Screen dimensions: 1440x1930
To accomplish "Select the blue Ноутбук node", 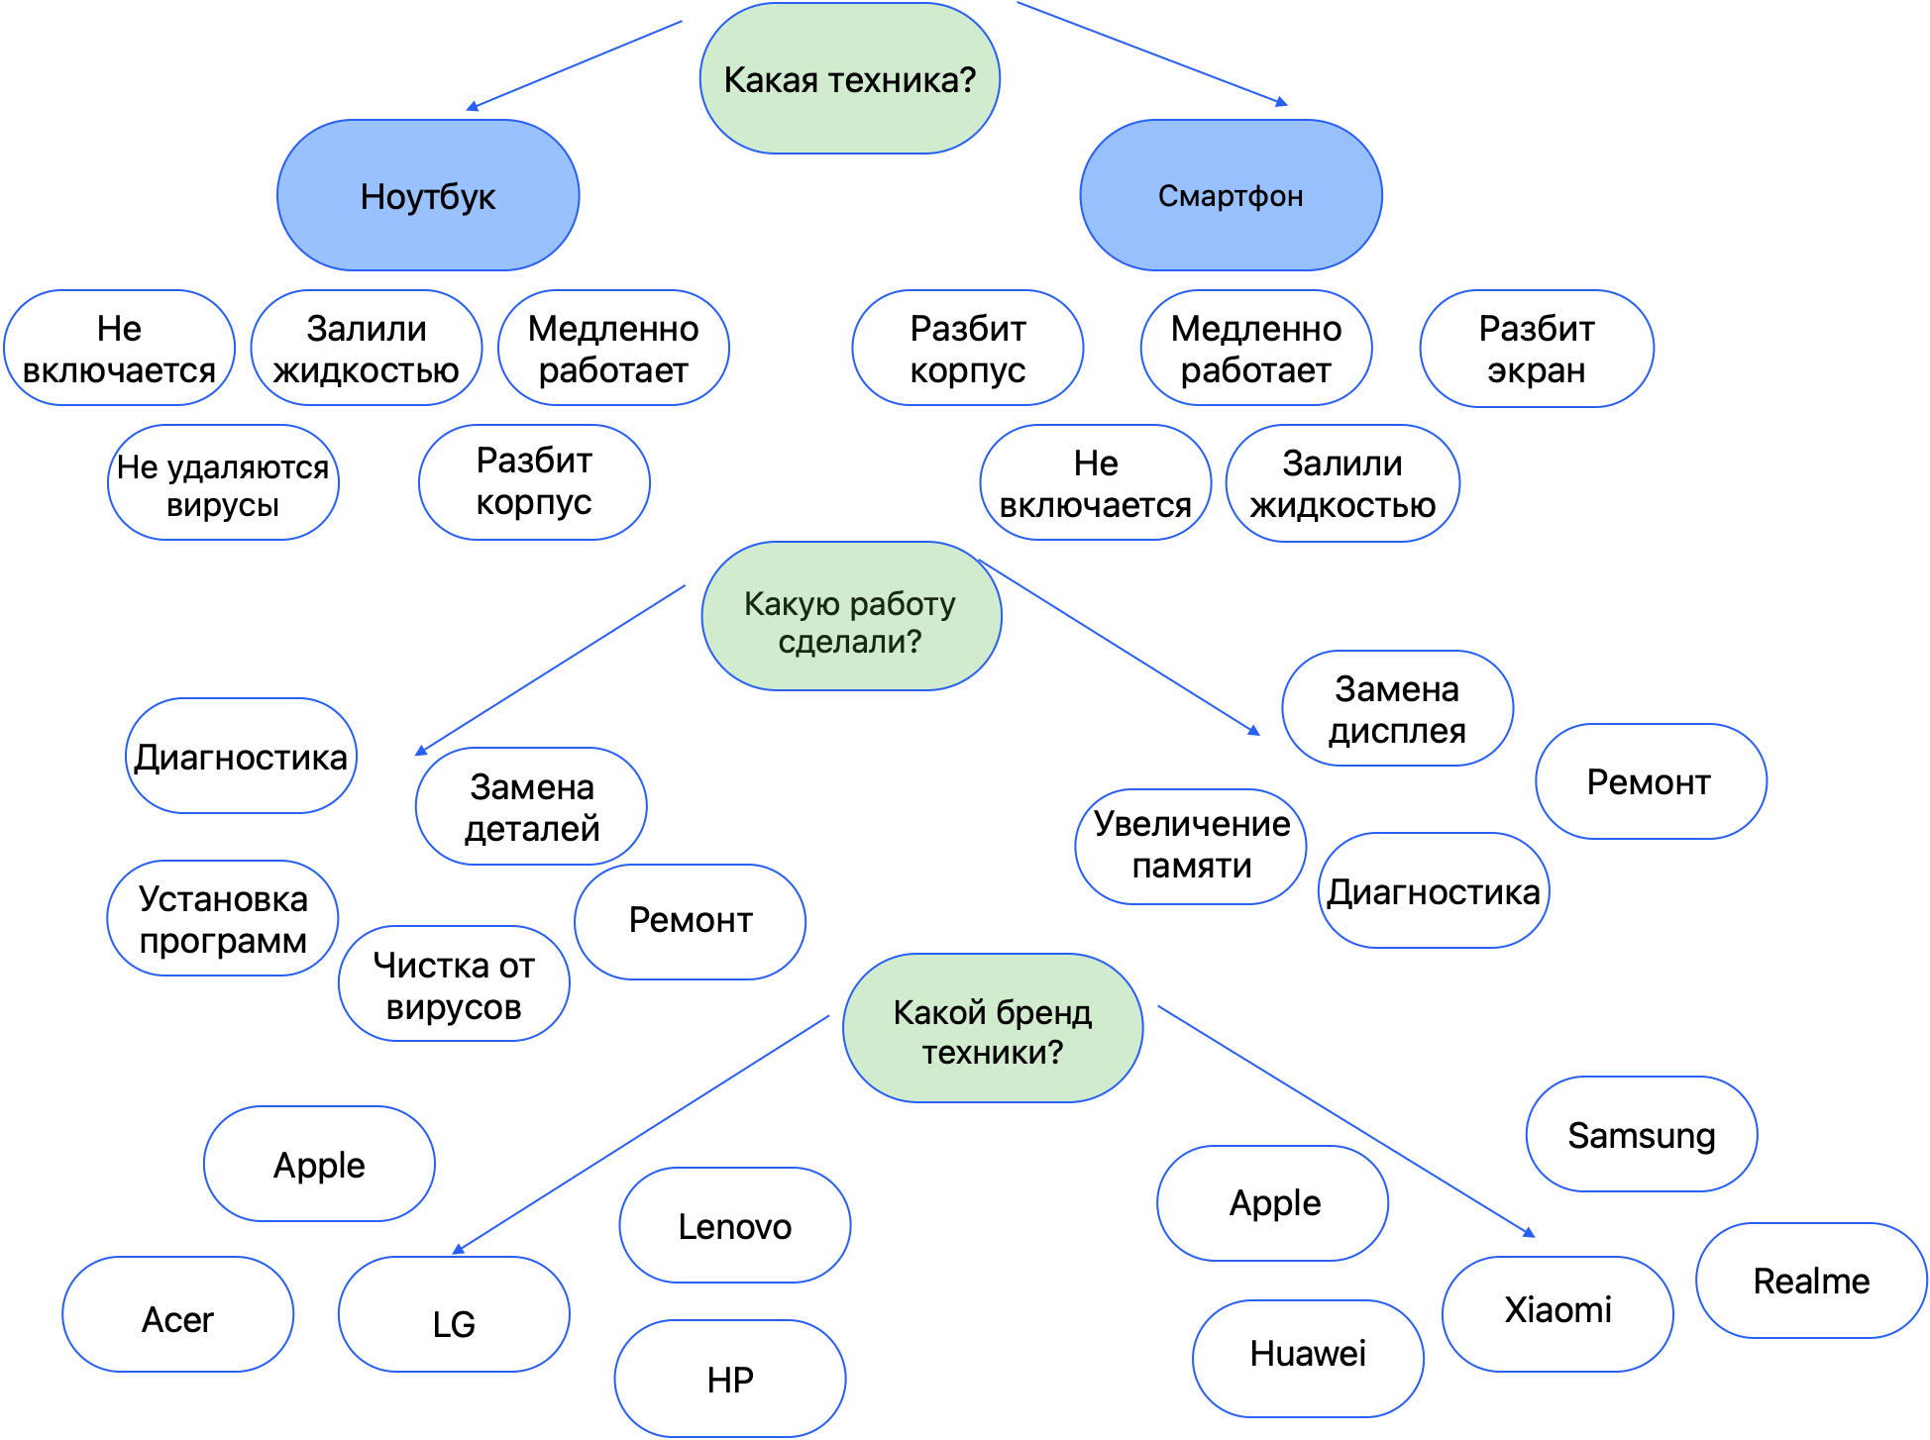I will coord(428,196).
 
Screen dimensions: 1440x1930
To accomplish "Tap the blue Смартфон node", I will coord(1231,196).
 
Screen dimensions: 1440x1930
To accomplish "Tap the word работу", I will coord(904,603).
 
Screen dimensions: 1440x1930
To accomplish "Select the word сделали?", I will coord(849,642).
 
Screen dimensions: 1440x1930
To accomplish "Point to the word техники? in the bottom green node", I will coord(992,1052).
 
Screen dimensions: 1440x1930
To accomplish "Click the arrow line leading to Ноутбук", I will coord(575,64).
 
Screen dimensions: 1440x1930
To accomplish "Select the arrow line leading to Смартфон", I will coord(1149,52).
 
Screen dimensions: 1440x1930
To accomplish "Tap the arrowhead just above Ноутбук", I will coord(472,107).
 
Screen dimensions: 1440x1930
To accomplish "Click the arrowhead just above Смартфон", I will coord(1282,101).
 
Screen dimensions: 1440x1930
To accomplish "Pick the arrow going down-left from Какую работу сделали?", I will coord(550,669).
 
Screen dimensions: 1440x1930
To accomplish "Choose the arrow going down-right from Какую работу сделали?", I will coord(1120,646).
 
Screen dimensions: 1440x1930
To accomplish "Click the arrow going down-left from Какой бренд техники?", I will coord(642,1133).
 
